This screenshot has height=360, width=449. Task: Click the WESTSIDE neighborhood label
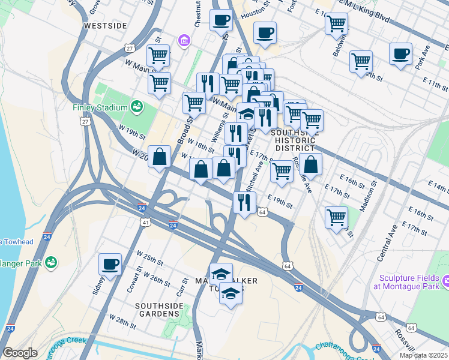point(106,26)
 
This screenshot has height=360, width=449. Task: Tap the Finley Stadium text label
point(100,108)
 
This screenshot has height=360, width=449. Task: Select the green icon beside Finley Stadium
point(137,107)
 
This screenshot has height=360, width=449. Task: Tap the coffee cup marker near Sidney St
point(110,265)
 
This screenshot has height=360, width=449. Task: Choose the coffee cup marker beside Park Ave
point(400,54)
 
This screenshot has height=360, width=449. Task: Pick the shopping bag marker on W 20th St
point(159,158)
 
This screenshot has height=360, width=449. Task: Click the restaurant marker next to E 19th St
point(244,203)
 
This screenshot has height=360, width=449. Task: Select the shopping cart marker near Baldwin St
point(336,25)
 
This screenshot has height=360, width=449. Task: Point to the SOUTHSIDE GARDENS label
point(158,310)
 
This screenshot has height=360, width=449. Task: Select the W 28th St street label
point(122,320)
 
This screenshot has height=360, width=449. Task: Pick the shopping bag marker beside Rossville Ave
point(311,164)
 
